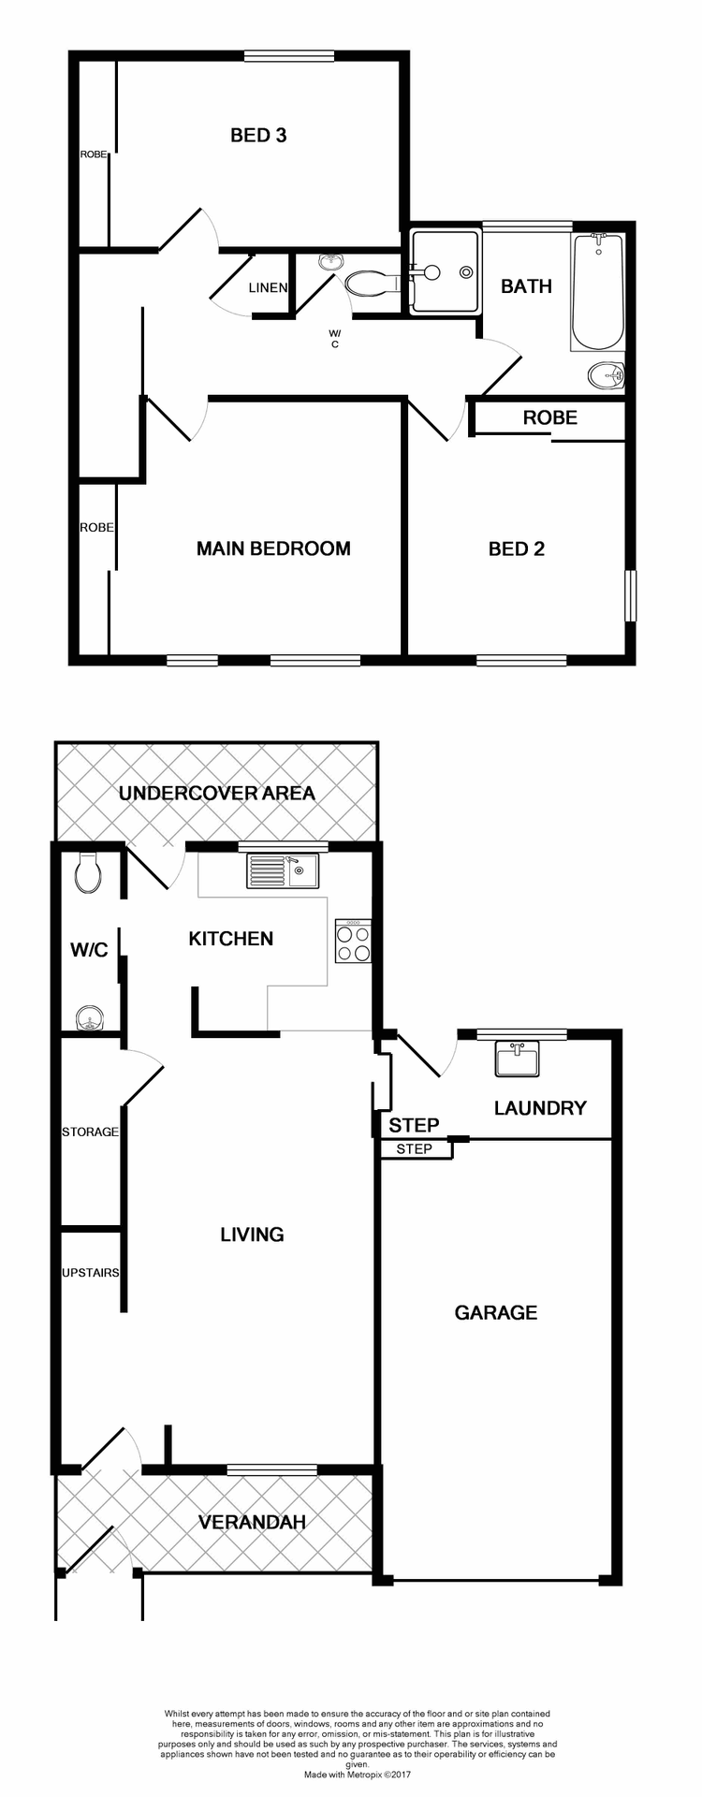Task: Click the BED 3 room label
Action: tap(258, 136)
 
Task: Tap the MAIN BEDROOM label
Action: tap(273, 548)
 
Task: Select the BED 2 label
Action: tap(517, 548)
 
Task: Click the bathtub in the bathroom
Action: tap(598, 291)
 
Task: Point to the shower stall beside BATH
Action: tap(446, 271)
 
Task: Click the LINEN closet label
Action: tap(268, 287)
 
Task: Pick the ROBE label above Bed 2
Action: tap(550, 417)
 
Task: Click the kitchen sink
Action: tap(283, 871)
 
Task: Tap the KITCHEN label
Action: tap(231, 939)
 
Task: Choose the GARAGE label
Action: tap(496, 1312)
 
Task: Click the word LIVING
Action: tap(252, 1235)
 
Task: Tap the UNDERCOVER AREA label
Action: tap(217, 794)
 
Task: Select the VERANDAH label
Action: tap(252, 1523)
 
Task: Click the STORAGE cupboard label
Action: tap(90, 1132)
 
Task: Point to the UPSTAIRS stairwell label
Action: tap(91, 1273)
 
